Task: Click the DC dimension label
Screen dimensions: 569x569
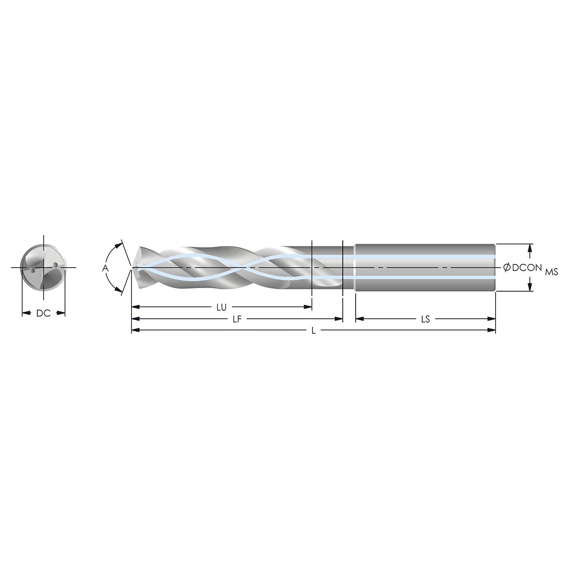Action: pyautogui.click(x=44, y=313)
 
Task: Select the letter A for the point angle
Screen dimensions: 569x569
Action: pyautogui.click(x=105, y=268)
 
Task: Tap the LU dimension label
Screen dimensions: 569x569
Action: pyautogui.click(x=221, y=307)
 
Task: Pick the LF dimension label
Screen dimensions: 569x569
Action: pyautogui.click(x=237, y=319)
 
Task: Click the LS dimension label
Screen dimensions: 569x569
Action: pyautogui.click(x=425, y=319)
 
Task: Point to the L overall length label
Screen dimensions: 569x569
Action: pyautogui.click(x=313, y=331)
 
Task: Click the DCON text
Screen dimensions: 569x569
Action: pyautogui.click(x=527, y=268)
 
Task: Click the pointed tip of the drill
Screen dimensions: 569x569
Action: pyautogui.click(x=132, y=267)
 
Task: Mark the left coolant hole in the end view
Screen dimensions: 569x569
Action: pyautogui.click(x=33, y=269)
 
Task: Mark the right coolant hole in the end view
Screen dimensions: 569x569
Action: pyautogui.click(x=55, y=265)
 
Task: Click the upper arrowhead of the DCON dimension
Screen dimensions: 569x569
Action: pyautogui.click(x=530, y=247)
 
